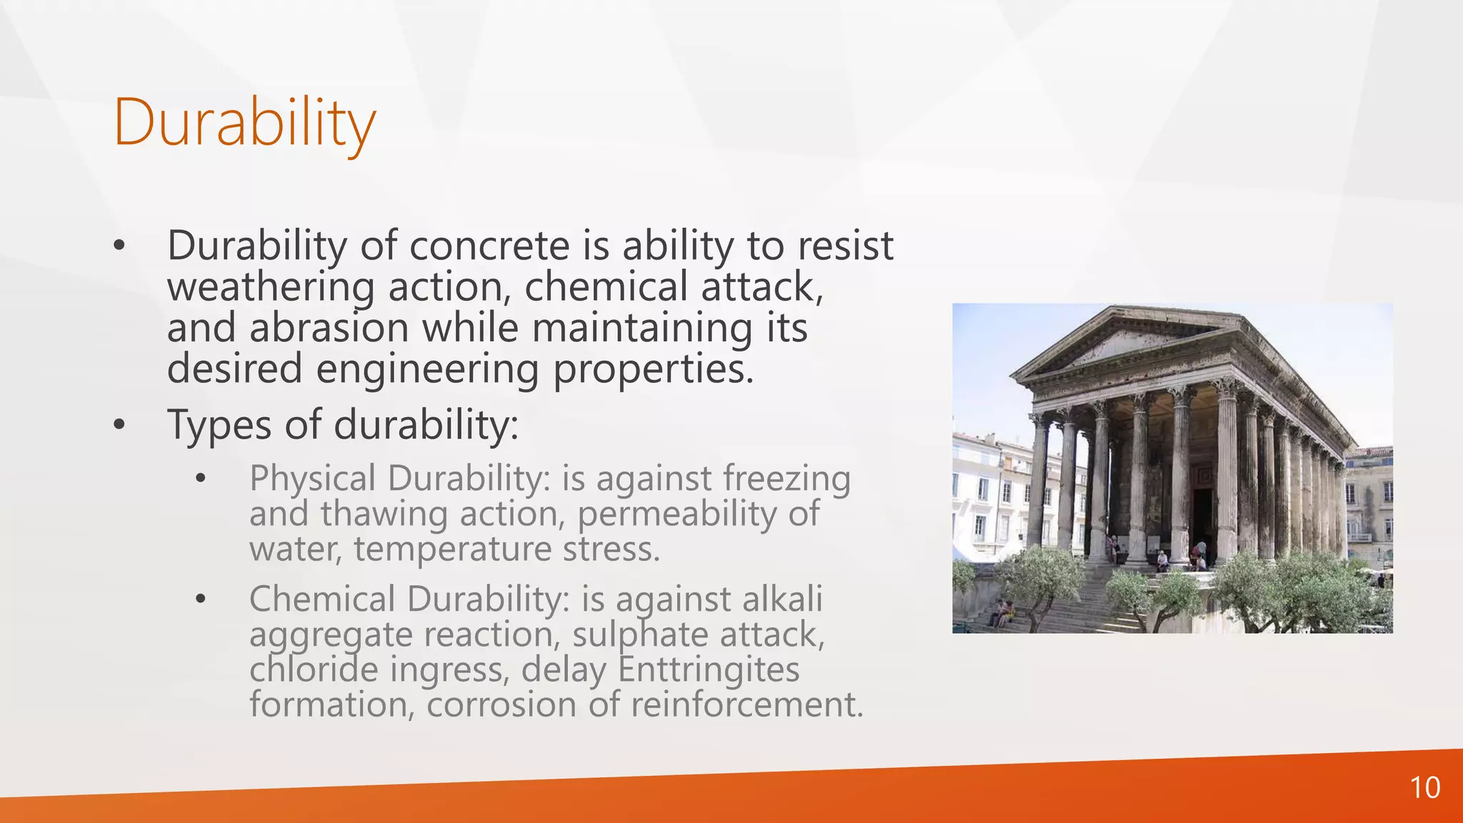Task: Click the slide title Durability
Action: click(244, 123)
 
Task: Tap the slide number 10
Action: click(1424, 788)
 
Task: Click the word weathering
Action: click(271, 287)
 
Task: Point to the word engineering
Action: click(427, 370)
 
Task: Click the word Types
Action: click(219, 425)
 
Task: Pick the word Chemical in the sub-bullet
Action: click(322, 599)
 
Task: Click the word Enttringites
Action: click(708, 669)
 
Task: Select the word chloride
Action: click(314, 669)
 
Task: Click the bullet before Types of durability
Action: click(119, 425)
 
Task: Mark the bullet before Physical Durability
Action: click(201, 479)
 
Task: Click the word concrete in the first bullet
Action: click(489, 246)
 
